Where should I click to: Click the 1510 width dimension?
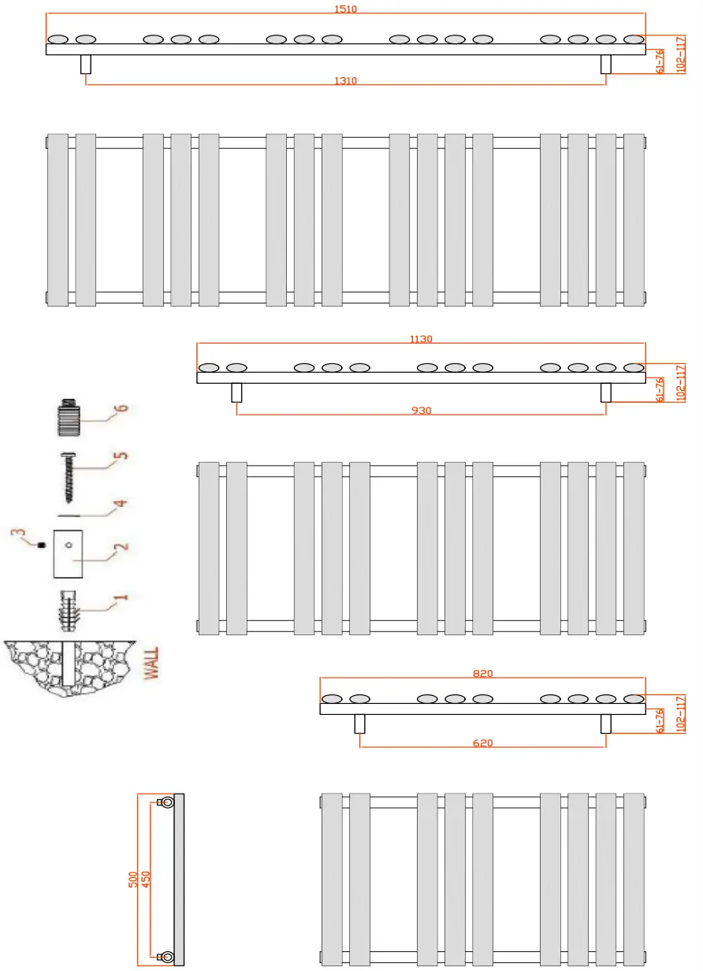[x=345, y=9]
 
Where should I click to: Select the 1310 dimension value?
[x=345, y=80]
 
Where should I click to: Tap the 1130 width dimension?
[x=421, y=339]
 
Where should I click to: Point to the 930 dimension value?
[x=421, y=411]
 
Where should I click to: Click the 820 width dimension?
[x=482, y=673]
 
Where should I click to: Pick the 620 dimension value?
[x=482, y=743]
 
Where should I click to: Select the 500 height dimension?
[x=133, y=878]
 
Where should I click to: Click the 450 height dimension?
[x=146, y=878]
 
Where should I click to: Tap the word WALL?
[x=151, y=664]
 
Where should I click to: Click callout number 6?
[x=121, y=409]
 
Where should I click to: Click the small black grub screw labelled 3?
[x=41, y=545]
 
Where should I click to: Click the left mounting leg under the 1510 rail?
[x=86, y=65]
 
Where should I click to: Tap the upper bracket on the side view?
[x=166, y=802]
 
